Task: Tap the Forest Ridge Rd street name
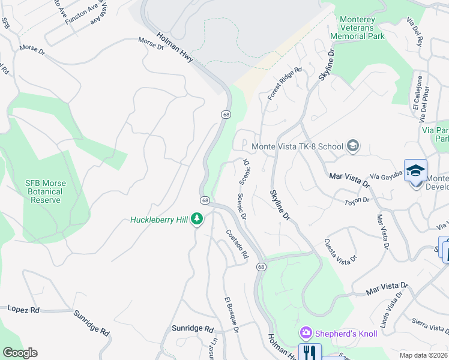tap(284, 83)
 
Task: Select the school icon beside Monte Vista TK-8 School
tap(353, 146)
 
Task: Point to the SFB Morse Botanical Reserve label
tap(46, 191)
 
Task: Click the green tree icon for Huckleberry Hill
tap(196, 220)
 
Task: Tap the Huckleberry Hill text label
tap(158, 220)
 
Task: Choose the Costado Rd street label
tap(237, 244)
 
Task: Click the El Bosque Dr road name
tap(232, 314)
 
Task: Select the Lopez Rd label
tap(23, 310)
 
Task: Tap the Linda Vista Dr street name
tap(391, 312)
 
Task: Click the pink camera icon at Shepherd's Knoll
tap(306, 332)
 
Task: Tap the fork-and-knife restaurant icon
tap(310, 352)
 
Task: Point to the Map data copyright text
tap(423, 355)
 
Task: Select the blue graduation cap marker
tap(415, 171)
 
